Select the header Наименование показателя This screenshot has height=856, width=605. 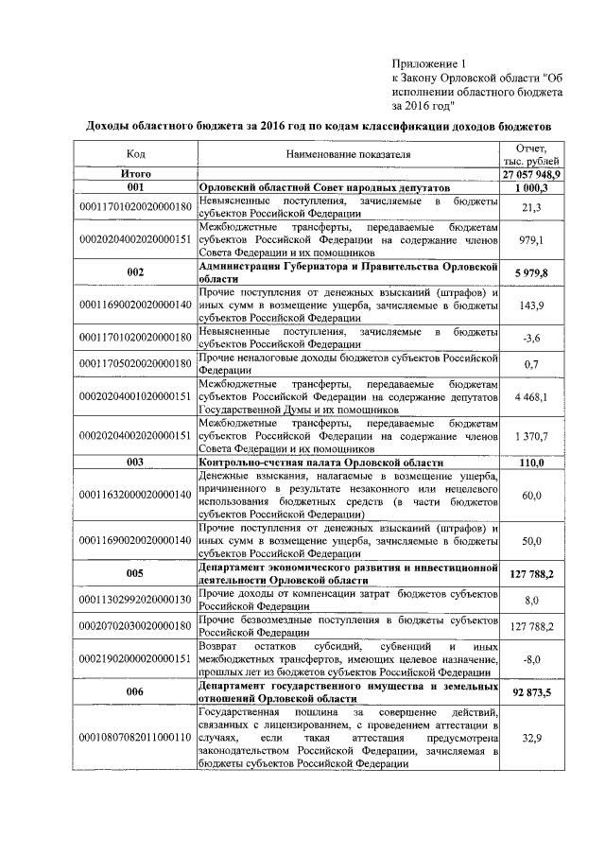(x=348, y=153)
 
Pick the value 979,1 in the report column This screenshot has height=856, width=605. (x=531, y=240)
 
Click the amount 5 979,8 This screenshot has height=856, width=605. (x=531, y=273)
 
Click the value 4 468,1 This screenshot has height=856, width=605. (x=531, y=396)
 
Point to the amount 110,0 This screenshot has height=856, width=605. (x=531, y=462)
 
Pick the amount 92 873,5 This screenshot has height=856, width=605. (x=531, y=691)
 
